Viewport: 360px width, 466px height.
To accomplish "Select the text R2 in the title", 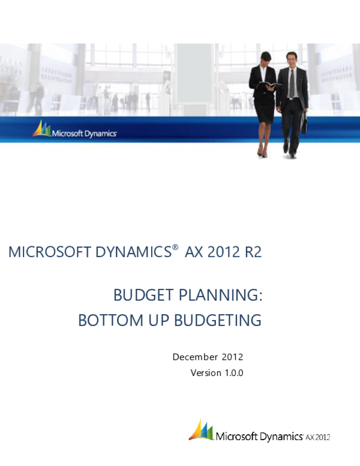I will [x=253, y=253].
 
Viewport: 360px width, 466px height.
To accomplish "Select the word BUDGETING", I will [x=217, y=321].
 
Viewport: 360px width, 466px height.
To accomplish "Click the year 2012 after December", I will [x=232, y=357].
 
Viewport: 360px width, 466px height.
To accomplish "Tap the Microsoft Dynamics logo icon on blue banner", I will [x=41, y=129].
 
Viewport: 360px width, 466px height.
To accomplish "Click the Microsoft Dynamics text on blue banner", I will [x=84, y=133].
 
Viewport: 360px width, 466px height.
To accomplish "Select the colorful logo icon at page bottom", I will [x=201, y=430].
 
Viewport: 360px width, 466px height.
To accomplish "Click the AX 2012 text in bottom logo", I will [x=318, y=437].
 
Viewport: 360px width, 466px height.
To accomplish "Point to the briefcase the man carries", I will [x=304, y=125].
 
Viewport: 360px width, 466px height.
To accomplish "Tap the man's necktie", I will [x=292, y=84].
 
